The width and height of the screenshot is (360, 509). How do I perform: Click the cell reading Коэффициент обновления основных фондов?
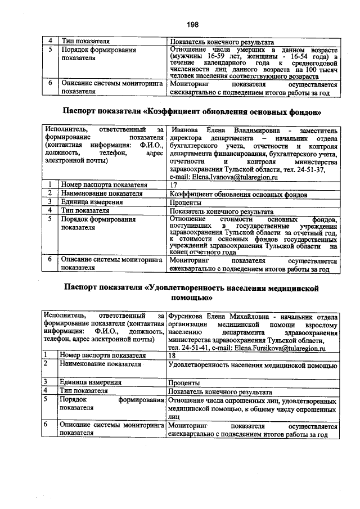[238, 194]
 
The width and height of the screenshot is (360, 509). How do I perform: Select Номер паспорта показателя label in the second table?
[104, 184]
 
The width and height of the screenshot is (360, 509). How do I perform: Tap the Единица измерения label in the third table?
[92, 382]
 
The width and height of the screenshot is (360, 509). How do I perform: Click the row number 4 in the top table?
[51, 42]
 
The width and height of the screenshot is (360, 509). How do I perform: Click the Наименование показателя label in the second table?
[102, 193]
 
